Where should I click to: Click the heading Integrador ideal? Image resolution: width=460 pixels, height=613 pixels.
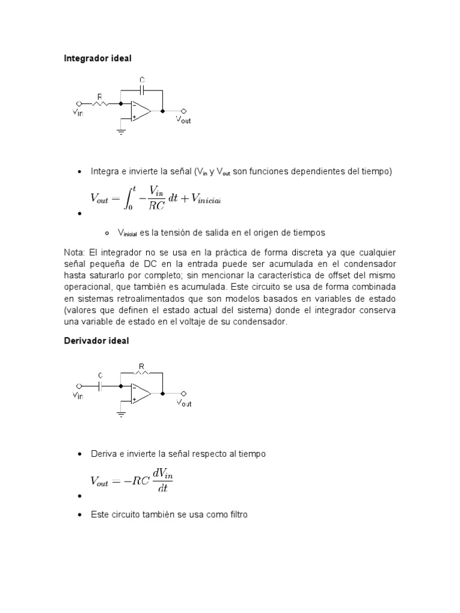[x=97, y=59]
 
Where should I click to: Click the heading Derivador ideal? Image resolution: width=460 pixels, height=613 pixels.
[x=96, y=341]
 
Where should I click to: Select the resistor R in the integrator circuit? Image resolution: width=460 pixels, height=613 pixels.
[x=100, y=103]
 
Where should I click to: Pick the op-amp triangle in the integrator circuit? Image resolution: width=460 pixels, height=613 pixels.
[x=141, y=111]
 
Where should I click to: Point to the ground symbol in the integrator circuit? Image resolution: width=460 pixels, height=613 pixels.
[x=122, y=132]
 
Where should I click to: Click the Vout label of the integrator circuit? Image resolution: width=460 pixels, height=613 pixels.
[x=183, y=120]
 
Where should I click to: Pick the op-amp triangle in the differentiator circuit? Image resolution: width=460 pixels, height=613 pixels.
[x=141, y=394]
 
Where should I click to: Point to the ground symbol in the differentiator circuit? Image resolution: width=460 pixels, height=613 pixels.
[x=122, y=414]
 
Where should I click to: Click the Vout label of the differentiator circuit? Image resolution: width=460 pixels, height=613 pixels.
[x=183, y=403]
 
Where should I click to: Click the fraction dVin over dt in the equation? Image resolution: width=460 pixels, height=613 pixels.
[x=162, y=481]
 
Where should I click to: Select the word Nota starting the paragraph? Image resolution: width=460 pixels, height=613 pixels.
[x=74, y=252]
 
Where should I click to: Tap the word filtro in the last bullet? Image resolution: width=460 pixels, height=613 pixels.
[x=235, y=514]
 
